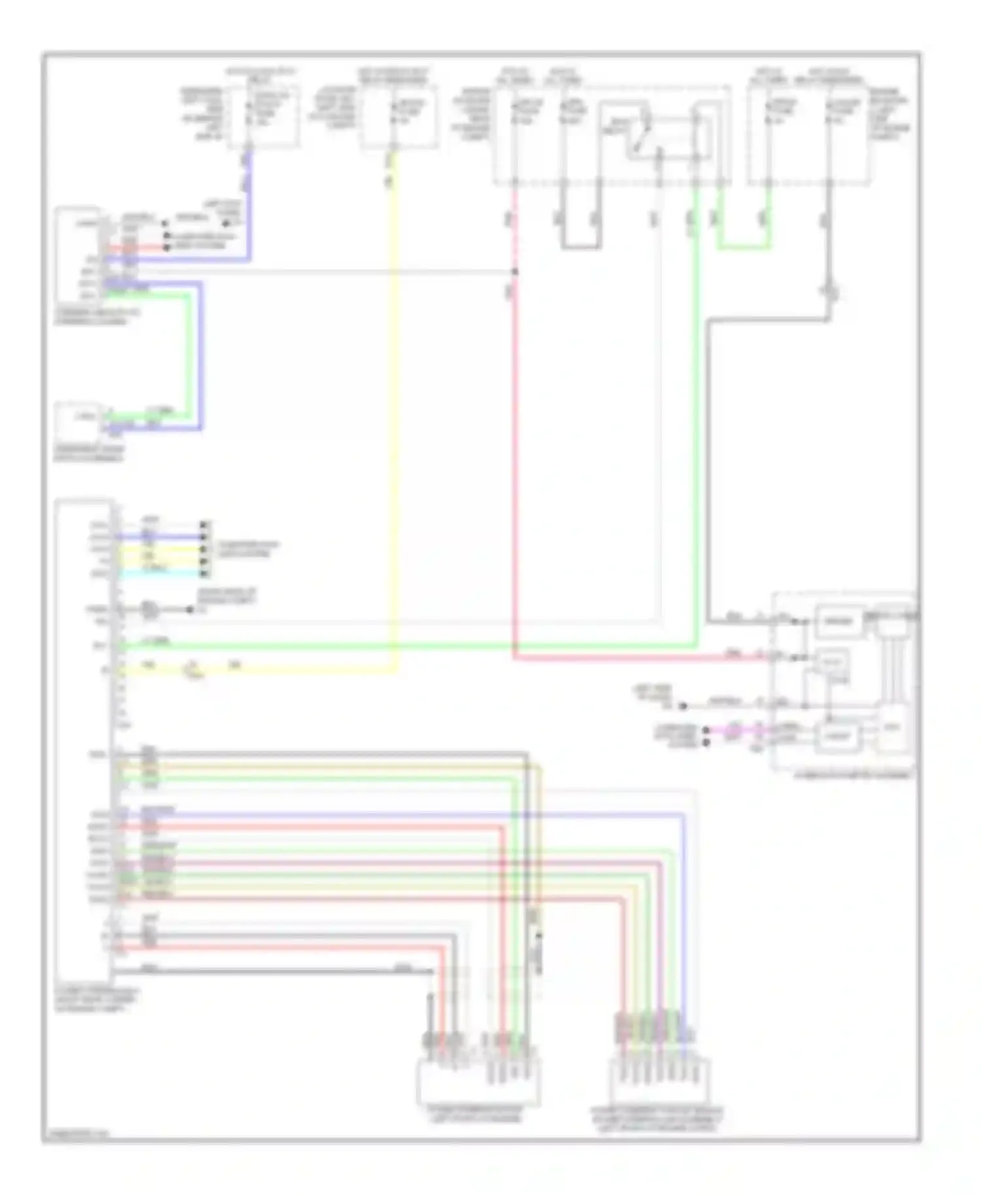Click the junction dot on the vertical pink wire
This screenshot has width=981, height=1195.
point(515,271)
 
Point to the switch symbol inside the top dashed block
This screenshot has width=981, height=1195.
point(644,134)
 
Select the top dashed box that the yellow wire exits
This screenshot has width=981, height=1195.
point(399,116)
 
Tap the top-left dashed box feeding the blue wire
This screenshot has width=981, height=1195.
point(264,116)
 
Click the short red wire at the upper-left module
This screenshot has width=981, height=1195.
point(141,248)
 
